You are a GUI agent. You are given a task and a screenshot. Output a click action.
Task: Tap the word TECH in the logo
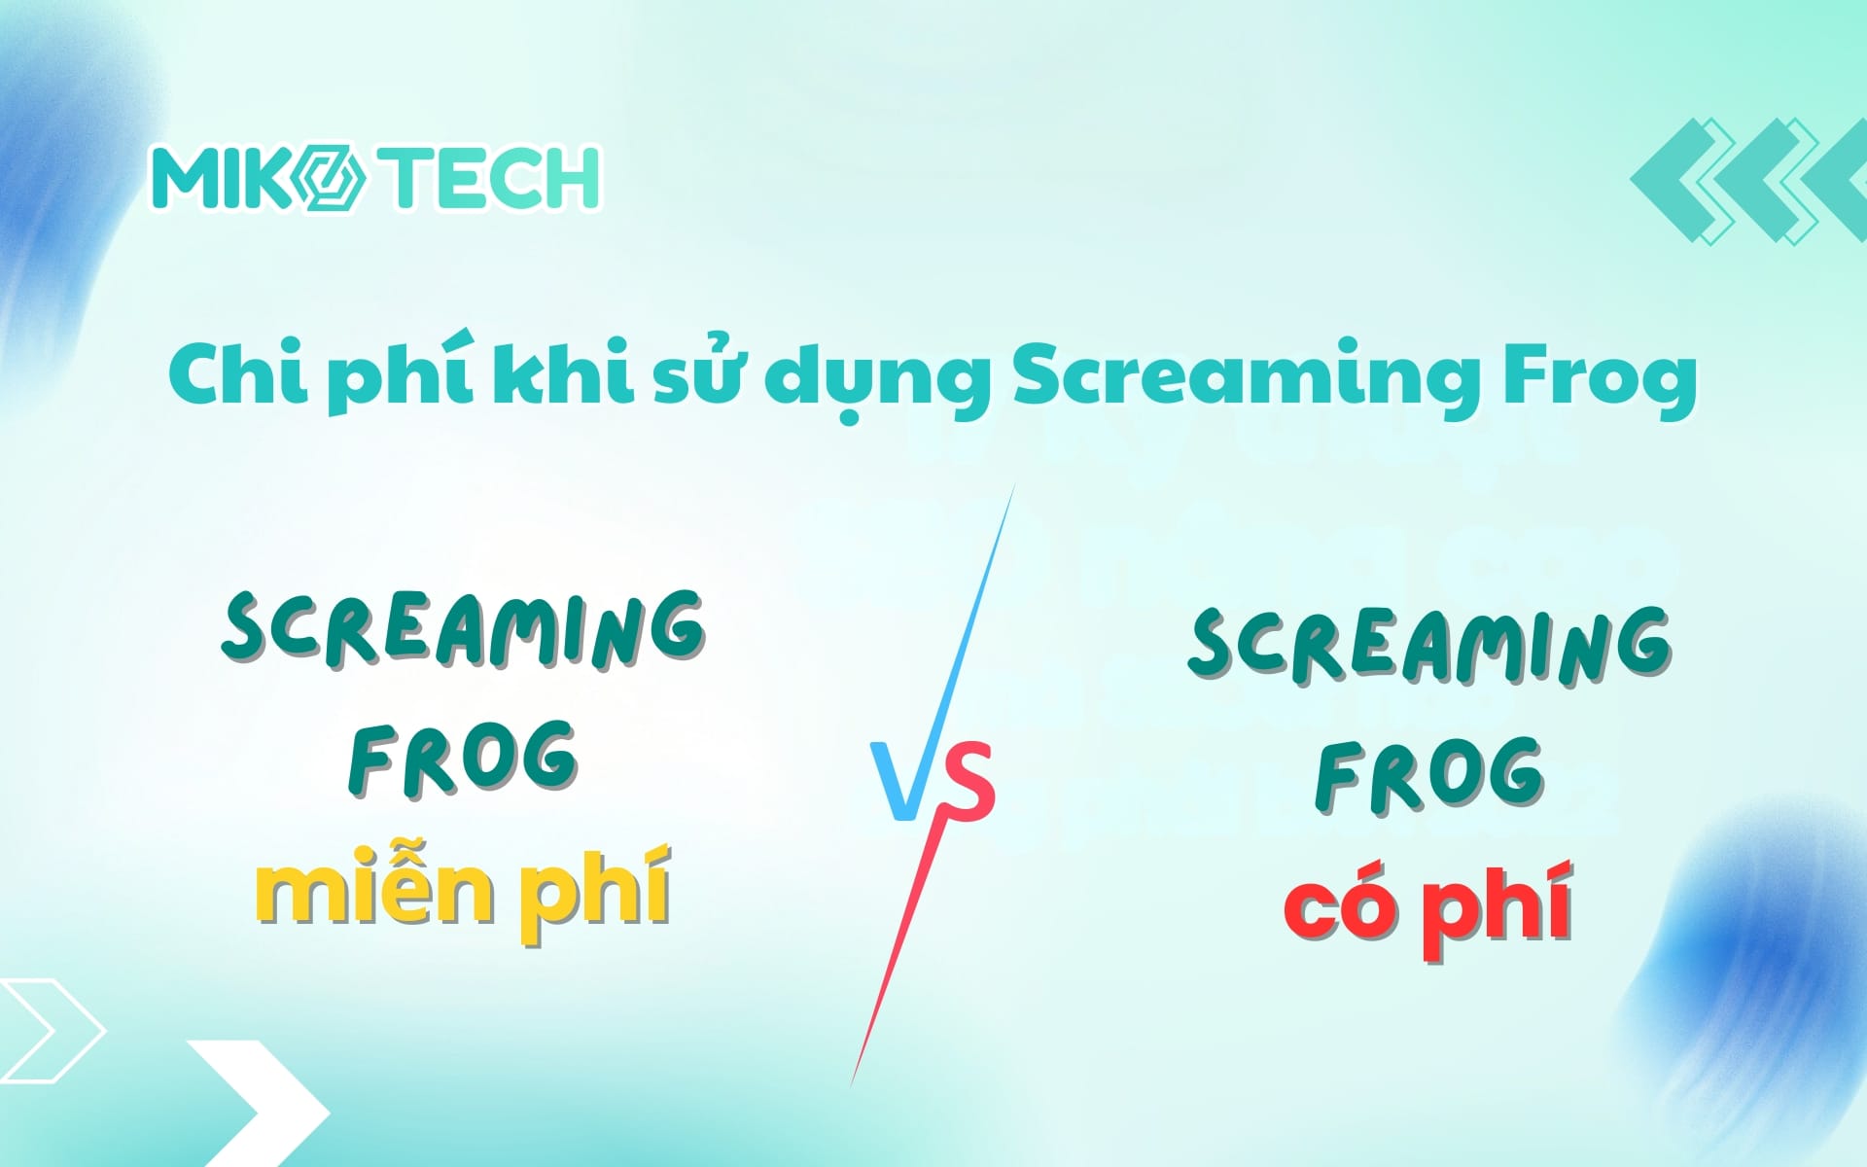coord(492,178)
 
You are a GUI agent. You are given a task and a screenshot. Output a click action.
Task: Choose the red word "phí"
coord(1499,909)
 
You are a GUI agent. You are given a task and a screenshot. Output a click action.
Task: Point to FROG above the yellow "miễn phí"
coord(463,759)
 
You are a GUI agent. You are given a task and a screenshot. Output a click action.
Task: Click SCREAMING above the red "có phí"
coord(1429,644)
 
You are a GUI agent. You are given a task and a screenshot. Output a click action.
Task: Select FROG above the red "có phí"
coord(1429,775)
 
